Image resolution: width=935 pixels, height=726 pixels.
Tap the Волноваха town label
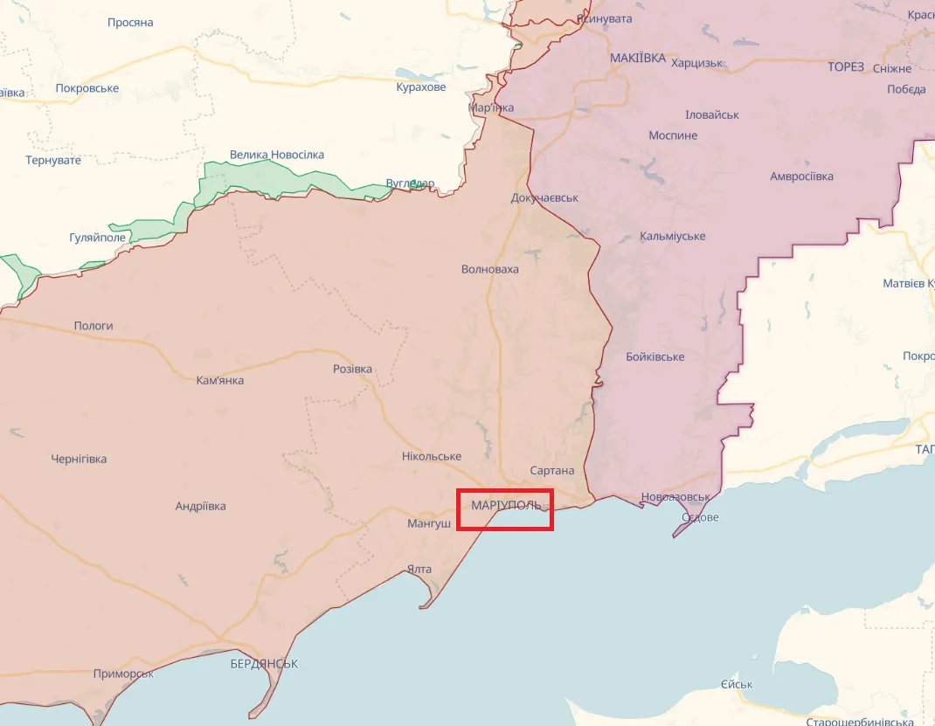tap(489, 269)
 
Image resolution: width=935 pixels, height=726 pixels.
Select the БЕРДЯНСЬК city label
tap(264, 664)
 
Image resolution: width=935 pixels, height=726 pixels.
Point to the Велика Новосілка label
tap(276, 155)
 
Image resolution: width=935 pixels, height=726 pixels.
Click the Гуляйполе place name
tap(98, 238)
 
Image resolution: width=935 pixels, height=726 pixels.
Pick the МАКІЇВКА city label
tap(637, 59)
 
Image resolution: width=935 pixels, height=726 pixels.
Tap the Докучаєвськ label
tap(544, 198)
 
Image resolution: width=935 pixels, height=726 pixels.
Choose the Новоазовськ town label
tap(675, 497)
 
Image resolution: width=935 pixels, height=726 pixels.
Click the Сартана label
tap(552, 471)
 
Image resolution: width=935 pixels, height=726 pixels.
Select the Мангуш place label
tap(429, 524)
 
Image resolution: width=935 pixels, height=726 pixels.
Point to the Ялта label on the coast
tap(419, 570)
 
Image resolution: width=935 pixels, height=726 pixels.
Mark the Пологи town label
tap(93, 326)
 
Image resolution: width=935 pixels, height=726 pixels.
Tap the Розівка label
tap(352, 369)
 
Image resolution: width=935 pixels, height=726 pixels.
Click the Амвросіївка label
tap(801, 176)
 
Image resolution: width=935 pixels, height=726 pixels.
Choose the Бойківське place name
tap(655, 357)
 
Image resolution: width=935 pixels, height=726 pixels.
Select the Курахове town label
tap(420, 87)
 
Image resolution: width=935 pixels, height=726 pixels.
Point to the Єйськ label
tap(737, 684)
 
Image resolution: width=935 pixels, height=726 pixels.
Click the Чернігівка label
tap(79, 459)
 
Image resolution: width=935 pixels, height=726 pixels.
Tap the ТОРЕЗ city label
tap(846, 67)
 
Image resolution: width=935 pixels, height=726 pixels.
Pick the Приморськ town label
tap(123, 674)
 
